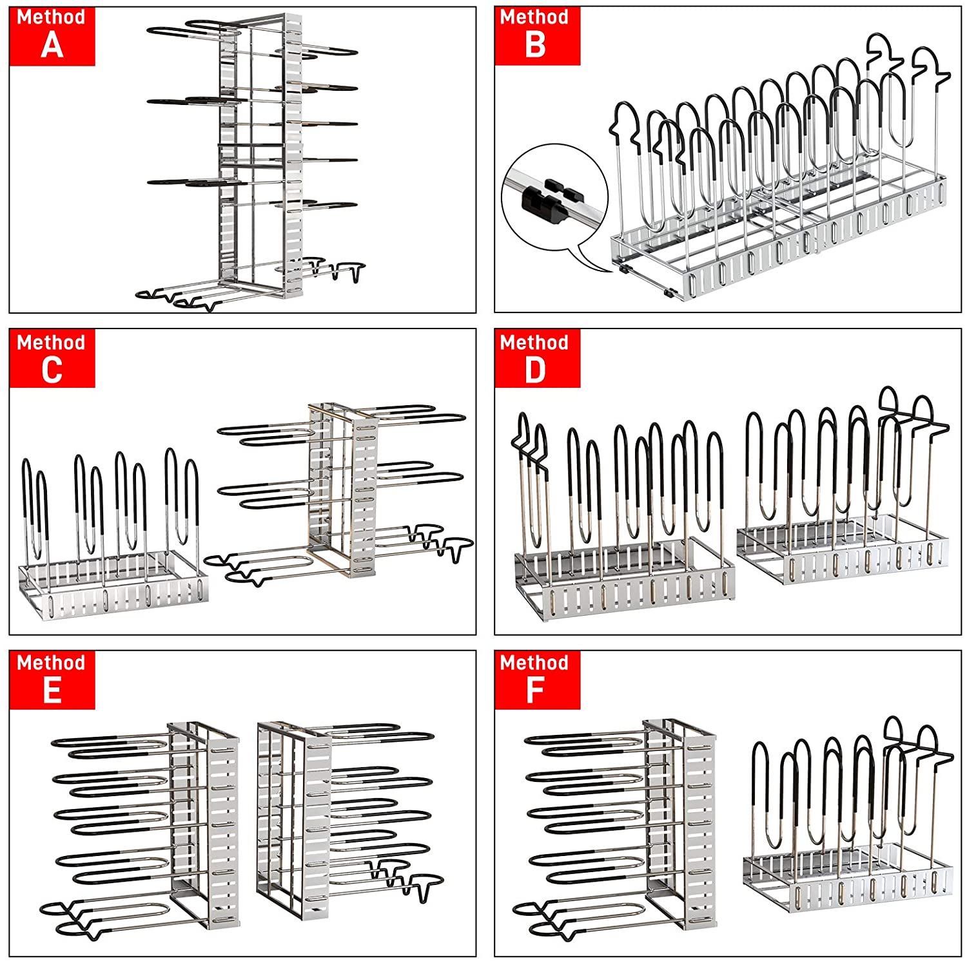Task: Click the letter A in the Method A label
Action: click(x=52, y=45)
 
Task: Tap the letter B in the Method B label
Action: click(x=536, y=45)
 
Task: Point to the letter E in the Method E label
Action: click(x=52, y=690)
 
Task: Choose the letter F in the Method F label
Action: click(x=535, y=690)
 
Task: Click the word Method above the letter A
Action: click(x=51, y=17)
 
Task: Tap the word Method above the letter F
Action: click(x=534, y=663)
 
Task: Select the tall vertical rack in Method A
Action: click(x=258, y=161)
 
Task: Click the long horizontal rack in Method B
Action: click(x=774, y=193)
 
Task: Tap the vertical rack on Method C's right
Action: click(x=342, y=490)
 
